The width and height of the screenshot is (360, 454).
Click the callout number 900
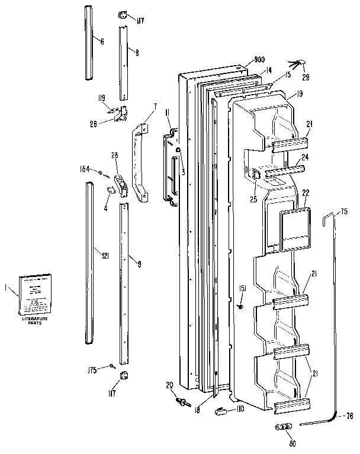click(259, 60)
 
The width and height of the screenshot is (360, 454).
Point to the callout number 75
click(344, 212)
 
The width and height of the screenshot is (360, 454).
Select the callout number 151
click(241, 289)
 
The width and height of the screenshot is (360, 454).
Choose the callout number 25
click(253, 200)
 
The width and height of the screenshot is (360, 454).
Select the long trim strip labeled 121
click(89, 263)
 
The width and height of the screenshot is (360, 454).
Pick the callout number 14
click(269, 70)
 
